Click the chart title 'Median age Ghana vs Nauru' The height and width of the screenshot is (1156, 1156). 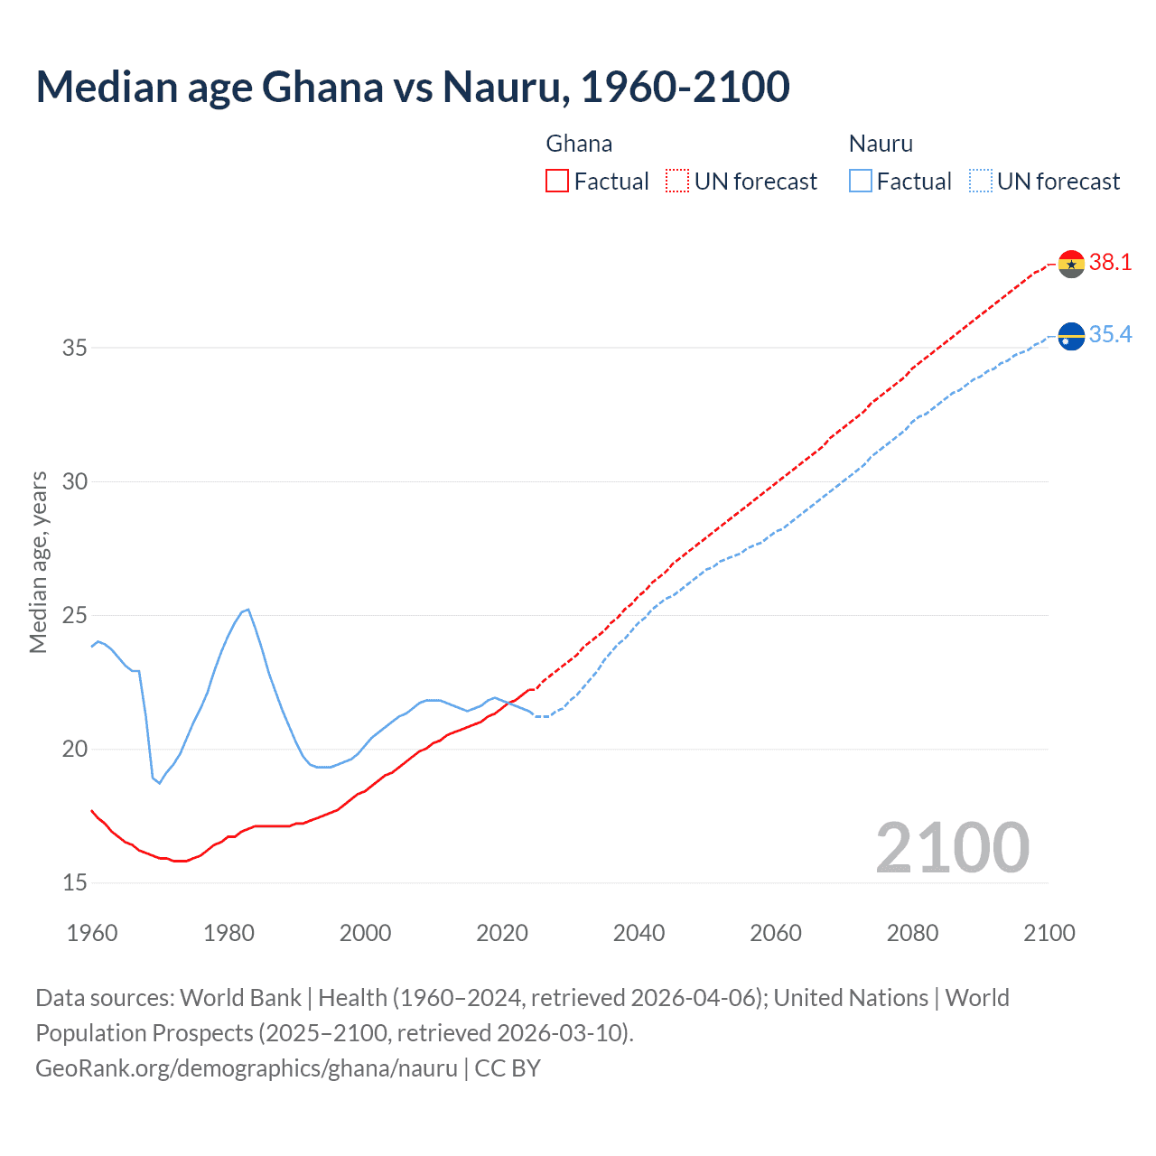(413, 87)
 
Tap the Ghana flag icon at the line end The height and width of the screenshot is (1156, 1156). (1070, 264)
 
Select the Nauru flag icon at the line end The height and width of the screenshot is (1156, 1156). (1070, 336)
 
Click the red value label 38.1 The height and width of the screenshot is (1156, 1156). (1110, 263)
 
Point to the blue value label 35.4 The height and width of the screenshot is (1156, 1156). (1110, 335)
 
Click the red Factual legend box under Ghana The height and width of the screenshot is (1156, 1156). (557, 182)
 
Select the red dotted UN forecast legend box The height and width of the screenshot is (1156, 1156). (677, 182)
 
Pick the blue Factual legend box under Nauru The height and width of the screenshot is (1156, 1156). (861, 182)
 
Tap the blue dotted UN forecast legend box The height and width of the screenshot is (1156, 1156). (980, 182)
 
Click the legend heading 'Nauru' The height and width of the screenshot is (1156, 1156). (881, 144)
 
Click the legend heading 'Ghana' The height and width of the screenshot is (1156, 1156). (579, 144)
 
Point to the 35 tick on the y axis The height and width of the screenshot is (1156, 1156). (75, 348)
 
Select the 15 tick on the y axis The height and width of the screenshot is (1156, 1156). (75, 882)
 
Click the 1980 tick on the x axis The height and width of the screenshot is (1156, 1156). (228, 933)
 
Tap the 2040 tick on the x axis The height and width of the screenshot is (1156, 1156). (639, 933)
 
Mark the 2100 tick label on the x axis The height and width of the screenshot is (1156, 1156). (1049, 933)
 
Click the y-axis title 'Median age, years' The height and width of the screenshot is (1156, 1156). (38, 562)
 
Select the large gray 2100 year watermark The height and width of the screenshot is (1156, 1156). (952, 848)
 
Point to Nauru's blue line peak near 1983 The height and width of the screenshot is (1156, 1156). (247, 610)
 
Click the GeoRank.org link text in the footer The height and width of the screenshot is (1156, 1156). (247, 1068)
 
